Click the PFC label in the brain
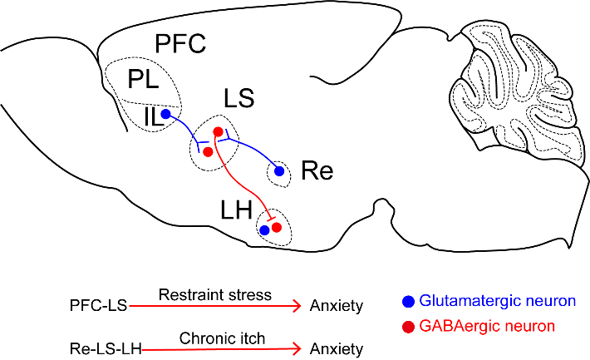point(180,43)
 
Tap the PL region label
point(143,79)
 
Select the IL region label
point(152,116)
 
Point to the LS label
point(239,98)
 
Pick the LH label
point(236,210)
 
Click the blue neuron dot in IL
point(165,114)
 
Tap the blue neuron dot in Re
point(279,171)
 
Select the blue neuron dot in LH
point(264,229)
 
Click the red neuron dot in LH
point(277,227)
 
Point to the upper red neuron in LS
point(218,131)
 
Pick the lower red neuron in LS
point(208,152)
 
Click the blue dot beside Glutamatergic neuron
point(408,302)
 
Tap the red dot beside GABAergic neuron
point(408,327)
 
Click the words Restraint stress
point(215,294)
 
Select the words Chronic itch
point(222,338)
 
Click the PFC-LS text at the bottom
point(99,305)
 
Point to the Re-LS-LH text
point(106,349)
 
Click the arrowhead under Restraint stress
point(297,306)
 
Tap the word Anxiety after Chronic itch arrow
point(337,349)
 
